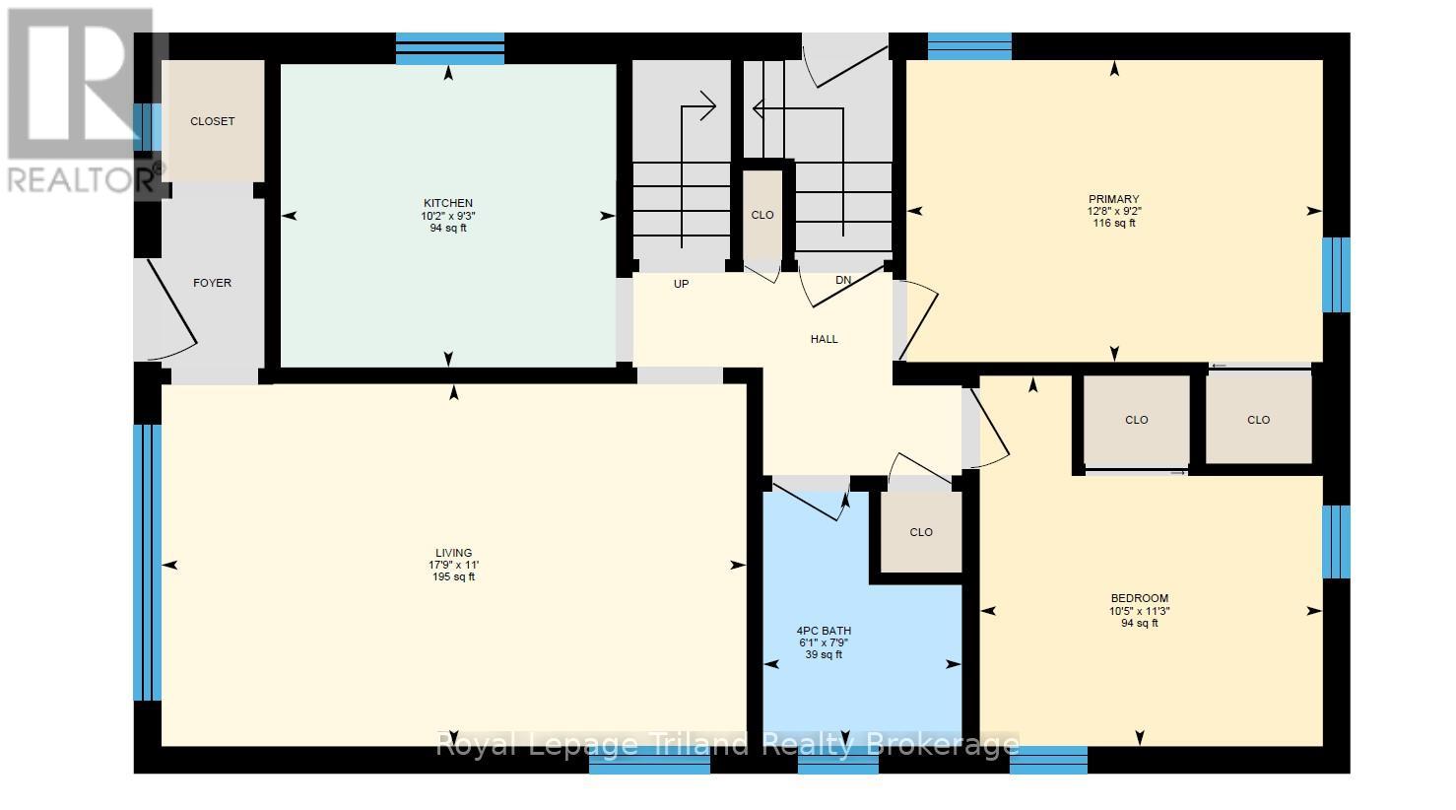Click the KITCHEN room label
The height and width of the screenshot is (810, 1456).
(x=448, y=203)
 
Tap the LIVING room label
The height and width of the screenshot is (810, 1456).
(x=454, y=553)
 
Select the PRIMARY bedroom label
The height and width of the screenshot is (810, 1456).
(x=1114, y=199)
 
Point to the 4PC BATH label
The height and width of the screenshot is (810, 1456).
(x=824, y=631)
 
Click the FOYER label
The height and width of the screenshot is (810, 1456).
(x=212, y=283)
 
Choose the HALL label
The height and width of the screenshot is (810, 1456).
(x=825, y=339)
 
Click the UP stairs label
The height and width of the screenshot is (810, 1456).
(x=681, y=284)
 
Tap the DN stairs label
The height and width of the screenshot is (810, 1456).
(x=843, y=280)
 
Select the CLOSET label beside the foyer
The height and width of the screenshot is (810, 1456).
(x=213, y=121)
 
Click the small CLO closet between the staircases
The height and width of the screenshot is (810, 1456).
(x=762, y=215)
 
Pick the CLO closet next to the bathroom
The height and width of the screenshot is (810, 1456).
(x=921, y=532)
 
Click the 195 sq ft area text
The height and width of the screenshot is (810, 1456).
(x=454, y=576)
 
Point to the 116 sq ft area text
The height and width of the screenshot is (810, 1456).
(x=1114, y=223)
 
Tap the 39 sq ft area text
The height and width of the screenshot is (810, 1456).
(x=824, y=654)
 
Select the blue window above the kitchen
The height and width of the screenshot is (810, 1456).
(x=450, y=48)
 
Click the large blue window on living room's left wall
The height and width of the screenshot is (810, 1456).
(x=148, y=563)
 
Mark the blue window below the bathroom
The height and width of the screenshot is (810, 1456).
(x=838, y=761)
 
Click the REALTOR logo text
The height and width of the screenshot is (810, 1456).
(x=85, y=178)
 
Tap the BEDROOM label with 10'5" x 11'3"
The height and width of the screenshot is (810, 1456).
(x=1140, y=598)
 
